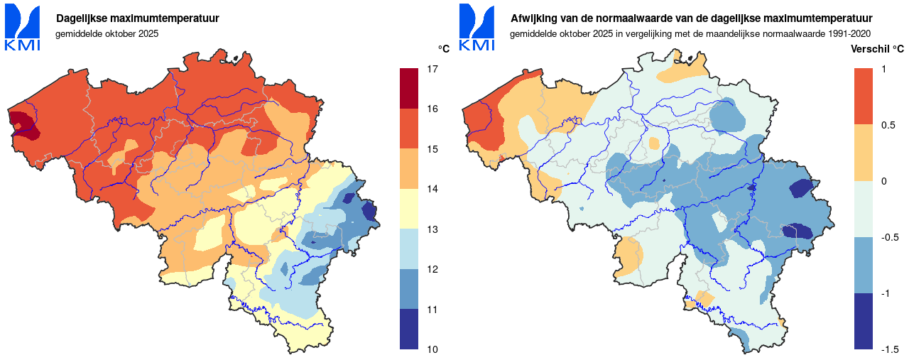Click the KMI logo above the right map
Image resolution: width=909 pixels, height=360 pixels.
[477, 28]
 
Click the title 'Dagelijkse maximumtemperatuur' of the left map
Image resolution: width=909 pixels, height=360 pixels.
[138, 18]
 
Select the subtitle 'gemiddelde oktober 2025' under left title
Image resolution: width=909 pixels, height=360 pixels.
[107, 33]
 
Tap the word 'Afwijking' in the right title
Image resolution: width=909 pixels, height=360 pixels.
[534, 18]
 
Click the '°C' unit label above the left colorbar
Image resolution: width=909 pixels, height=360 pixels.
[444, 49]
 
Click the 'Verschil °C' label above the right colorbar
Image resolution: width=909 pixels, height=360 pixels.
[877, 49]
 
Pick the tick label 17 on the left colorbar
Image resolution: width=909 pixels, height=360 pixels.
[432, 69]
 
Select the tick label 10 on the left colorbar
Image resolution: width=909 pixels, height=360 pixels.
[432, 349]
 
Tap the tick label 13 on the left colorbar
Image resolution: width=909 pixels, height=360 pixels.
[432, 229]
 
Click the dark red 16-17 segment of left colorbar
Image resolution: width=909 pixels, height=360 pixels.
[409, 89]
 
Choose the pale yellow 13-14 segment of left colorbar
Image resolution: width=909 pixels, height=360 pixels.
[409, 209]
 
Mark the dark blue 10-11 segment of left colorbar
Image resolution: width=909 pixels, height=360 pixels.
[409, 329]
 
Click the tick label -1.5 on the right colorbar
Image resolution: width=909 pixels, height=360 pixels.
[890, 349]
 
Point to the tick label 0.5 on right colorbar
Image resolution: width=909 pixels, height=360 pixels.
[888, 125]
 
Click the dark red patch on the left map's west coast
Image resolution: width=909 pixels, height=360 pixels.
[23, 124]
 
